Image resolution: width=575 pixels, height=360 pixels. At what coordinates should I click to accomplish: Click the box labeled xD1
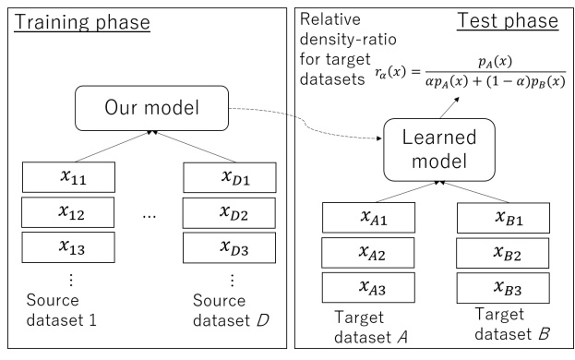(x=231, y=174)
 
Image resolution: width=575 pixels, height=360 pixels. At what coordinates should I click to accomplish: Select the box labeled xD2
(x=231, y=211)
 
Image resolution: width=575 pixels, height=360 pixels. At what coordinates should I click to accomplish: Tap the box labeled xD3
(x=231, y=248)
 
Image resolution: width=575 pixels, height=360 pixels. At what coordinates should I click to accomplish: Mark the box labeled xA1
(x=364, y=218)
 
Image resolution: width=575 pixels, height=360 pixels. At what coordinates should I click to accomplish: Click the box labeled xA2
(x=364, y=254)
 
